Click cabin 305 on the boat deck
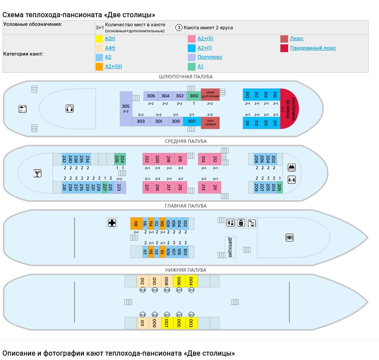pyautogui.click(x=126, y=108)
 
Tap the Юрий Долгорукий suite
pyautogui.click(x=210, y=95)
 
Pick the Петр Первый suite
pyautogui.click(x=210, y=122)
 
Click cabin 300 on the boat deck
pyautogui.click(x=194, y=96)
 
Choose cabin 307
pyautogui.click(x=192, y=121)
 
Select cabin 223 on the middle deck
pyautogui.click(x=119, y=187)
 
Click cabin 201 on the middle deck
pyautogui.click(x=279, y=187)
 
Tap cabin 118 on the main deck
pyautogui.click(x=136, y=223)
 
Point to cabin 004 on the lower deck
pyautogui.click(x=192, y=281)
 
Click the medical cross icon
pyautogui.click(x=112, y=223)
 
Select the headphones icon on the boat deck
pyautogui.click(x=69, y=109)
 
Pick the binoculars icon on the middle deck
pyautogui.click(x=292, y=168)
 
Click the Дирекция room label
pyautogui.click(x=230, y=247)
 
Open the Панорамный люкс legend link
pyautogui.click(x=313, y=48)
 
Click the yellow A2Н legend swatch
pyautogui.click(x=99, y=38)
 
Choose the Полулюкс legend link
pyautogui.click(x=210, y=57)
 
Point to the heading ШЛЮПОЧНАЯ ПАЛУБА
pyautogui.click(x=186, y=77)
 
